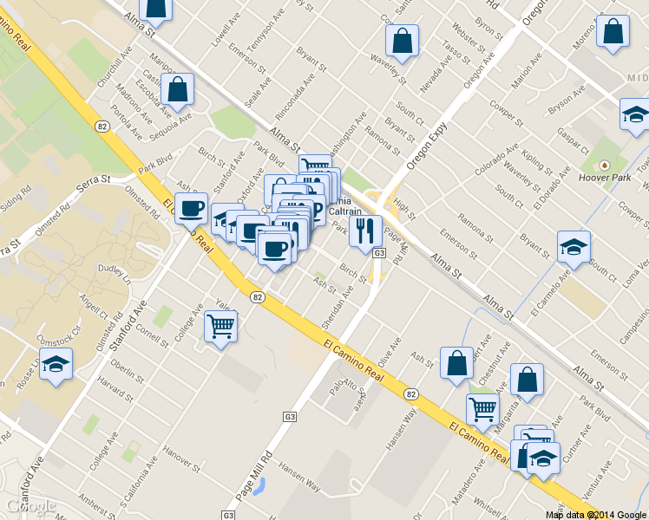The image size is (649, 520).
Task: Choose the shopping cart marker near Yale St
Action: (220, 327)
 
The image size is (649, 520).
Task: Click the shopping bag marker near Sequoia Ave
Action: (177, 89)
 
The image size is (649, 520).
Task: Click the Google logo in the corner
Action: (29, 507)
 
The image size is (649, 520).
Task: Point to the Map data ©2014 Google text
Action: (596, 514)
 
